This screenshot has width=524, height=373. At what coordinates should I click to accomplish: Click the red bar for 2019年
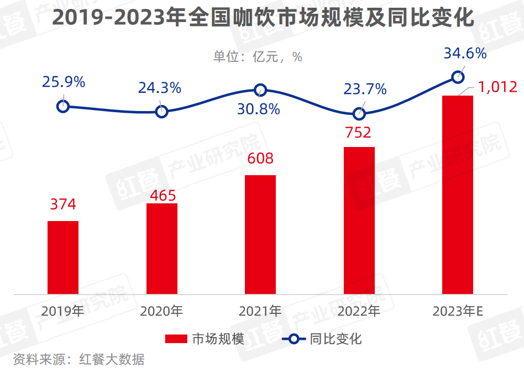[x=63, y=258]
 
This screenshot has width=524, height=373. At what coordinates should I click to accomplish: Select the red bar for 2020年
[x=162, y=249]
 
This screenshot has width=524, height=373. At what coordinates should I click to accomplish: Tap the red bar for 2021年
[x=260, y=234]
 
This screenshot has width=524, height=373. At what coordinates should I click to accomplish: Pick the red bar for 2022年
[x=359, y=220]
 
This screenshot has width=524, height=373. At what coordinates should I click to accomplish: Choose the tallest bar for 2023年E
[x=458, y=195]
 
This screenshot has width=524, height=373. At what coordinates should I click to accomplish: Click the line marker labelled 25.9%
[x=63, y=106]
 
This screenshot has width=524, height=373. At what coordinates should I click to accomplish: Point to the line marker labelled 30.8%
[x=260, y=90]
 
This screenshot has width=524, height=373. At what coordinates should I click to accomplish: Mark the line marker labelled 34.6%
[x=458, y=77]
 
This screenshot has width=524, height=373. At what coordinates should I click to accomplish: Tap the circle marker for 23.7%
[x=359, y=114]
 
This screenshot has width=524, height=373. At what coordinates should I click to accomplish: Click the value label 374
[x=63, y=204]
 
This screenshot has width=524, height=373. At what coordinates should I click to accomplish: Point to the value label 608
[x=260, y=159]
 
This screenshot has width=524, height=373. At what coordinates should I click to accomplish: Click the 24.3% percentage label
[x=160, y=87]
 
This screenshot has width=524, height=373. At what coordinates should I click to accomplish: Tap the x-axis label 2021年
[x=260, y=311]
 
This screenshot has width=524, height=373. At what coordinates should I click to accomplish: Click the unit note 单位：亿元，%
[x=258, y=56]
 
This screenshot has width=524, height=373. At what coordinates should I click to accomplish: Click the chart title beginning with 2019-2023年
[x=262, y=18]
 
